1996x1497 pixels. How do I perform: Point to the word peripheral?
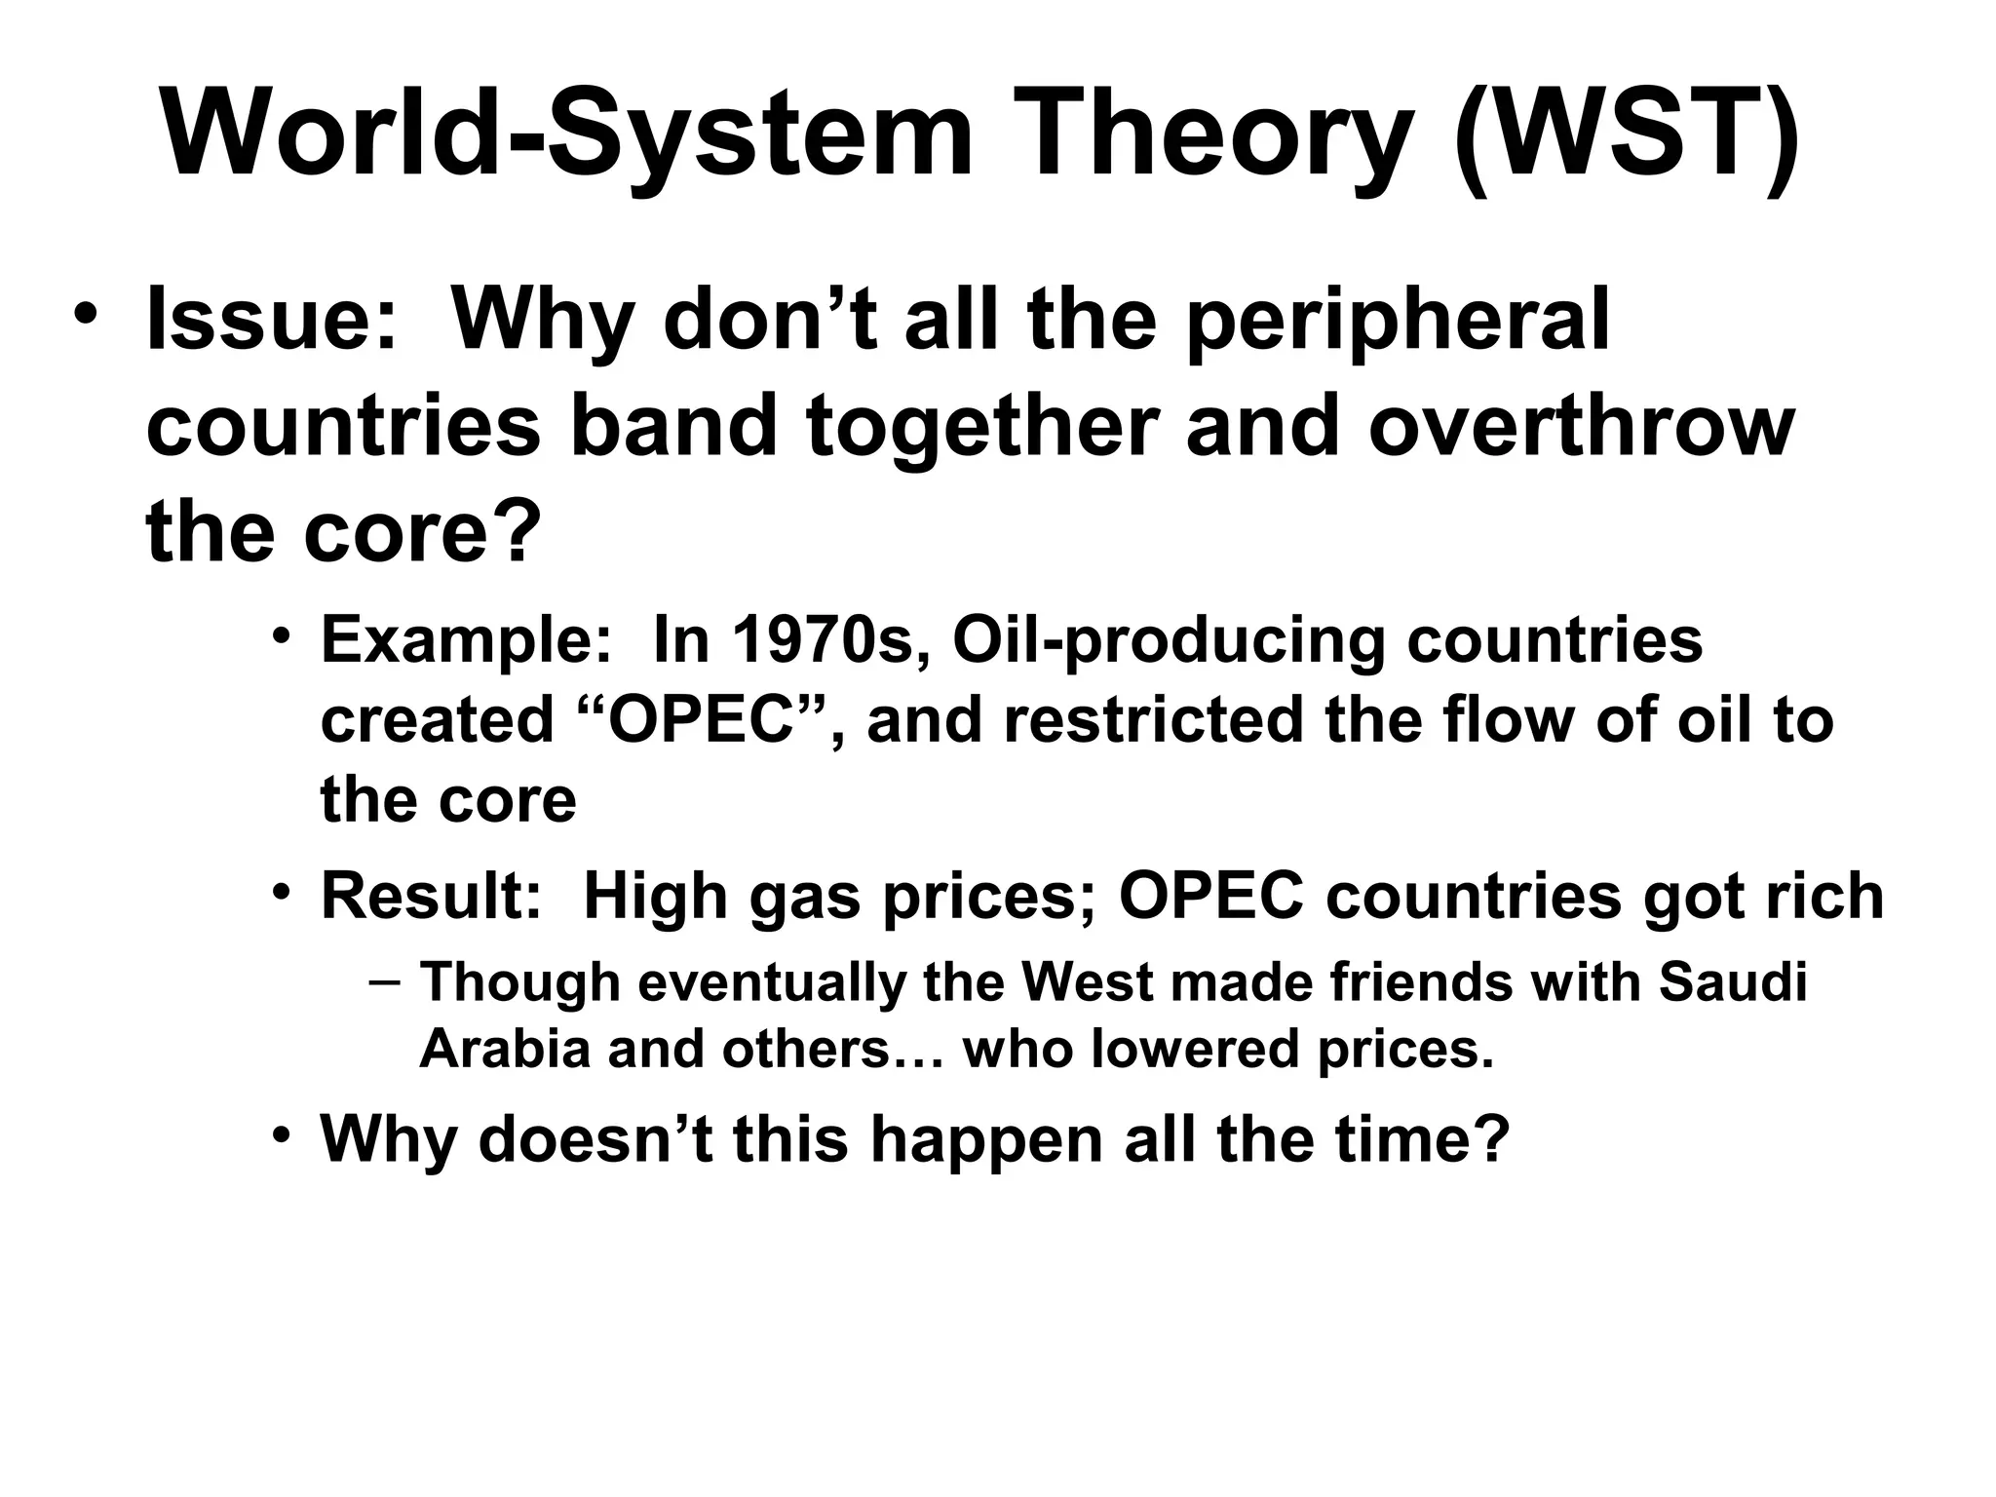coord(1397,322)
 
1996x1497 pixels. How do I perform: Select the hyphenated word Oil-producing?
coord(1167,641)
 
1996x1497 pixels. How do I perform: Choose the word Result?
coord(431,897)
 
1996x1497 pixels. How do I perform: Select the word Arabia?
coord(505,1050)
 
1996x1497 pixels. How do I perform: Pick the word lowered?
coord(1196,1050)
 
